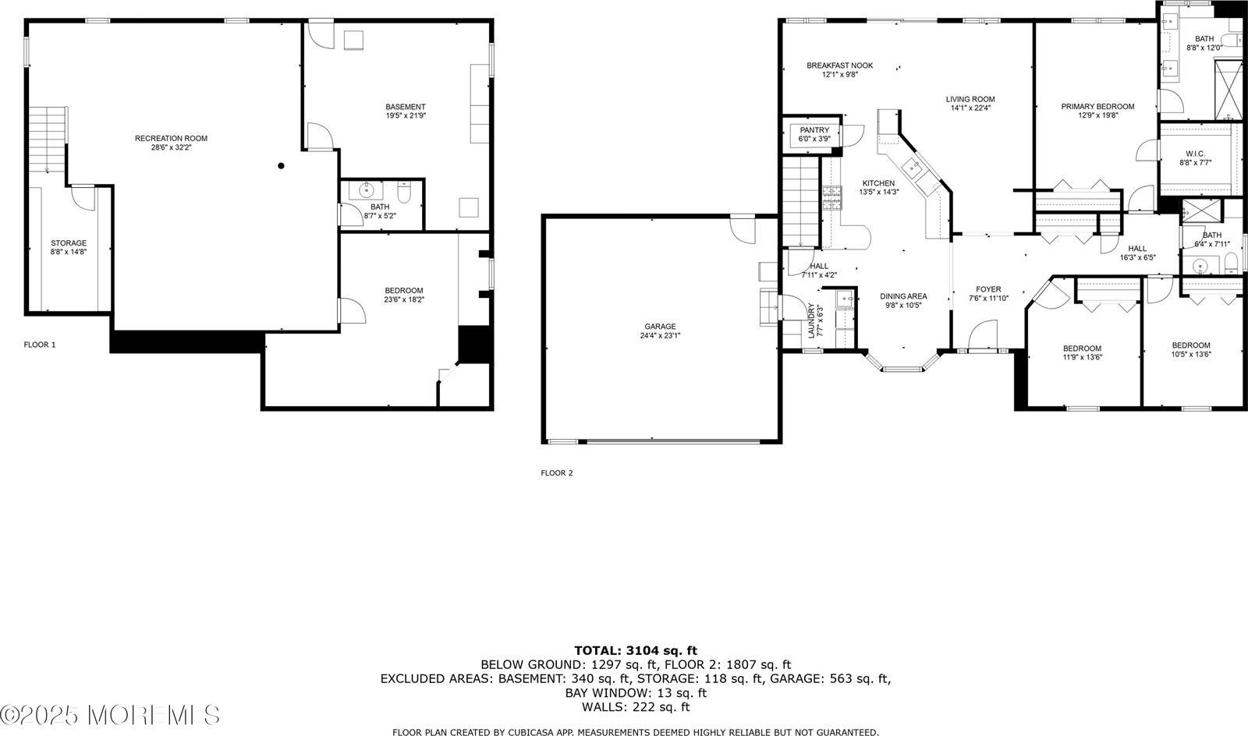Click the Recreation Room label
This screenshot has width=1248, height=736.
(171, 138)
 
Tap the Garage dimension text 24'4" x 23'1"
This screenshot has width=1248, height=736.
(660, 336)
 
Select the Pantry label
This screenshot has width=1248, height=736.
(814, 130)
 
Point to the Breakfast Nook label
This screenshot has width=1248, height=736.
(839, 65)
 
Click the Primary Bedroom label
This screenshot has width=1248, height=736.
(1097, 106)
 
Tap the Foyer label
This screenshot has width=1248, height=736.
(988, 289)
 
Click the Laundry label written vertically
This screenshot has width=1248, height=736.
(812, 320)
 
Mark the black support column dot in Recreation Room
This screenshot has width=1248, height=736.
(281, 166)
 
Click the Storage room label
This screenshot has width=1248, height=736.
(69, 243)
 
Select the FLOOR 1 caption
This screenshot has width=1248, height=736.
(40, 344)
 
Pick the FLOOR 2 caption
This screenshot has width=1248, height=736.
(557, 472)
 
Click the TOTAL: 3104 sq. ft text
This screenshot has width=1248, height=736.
(636, 650)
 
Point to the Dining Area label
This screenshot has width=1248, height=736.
(903, 296)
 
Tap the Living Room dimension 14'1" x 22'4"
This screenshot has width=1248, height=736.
(970, 108)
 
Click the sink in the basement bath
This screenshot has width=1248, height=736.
(367, 189)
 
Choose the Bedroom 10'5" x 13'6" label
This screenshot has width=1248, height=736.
(1191, 345)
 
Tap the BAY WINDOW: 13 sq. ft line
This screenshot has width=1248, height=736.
(636, 692)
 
